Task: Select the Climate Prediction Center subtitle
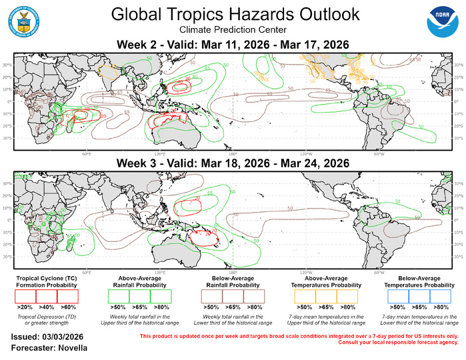tap(234, 30)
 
